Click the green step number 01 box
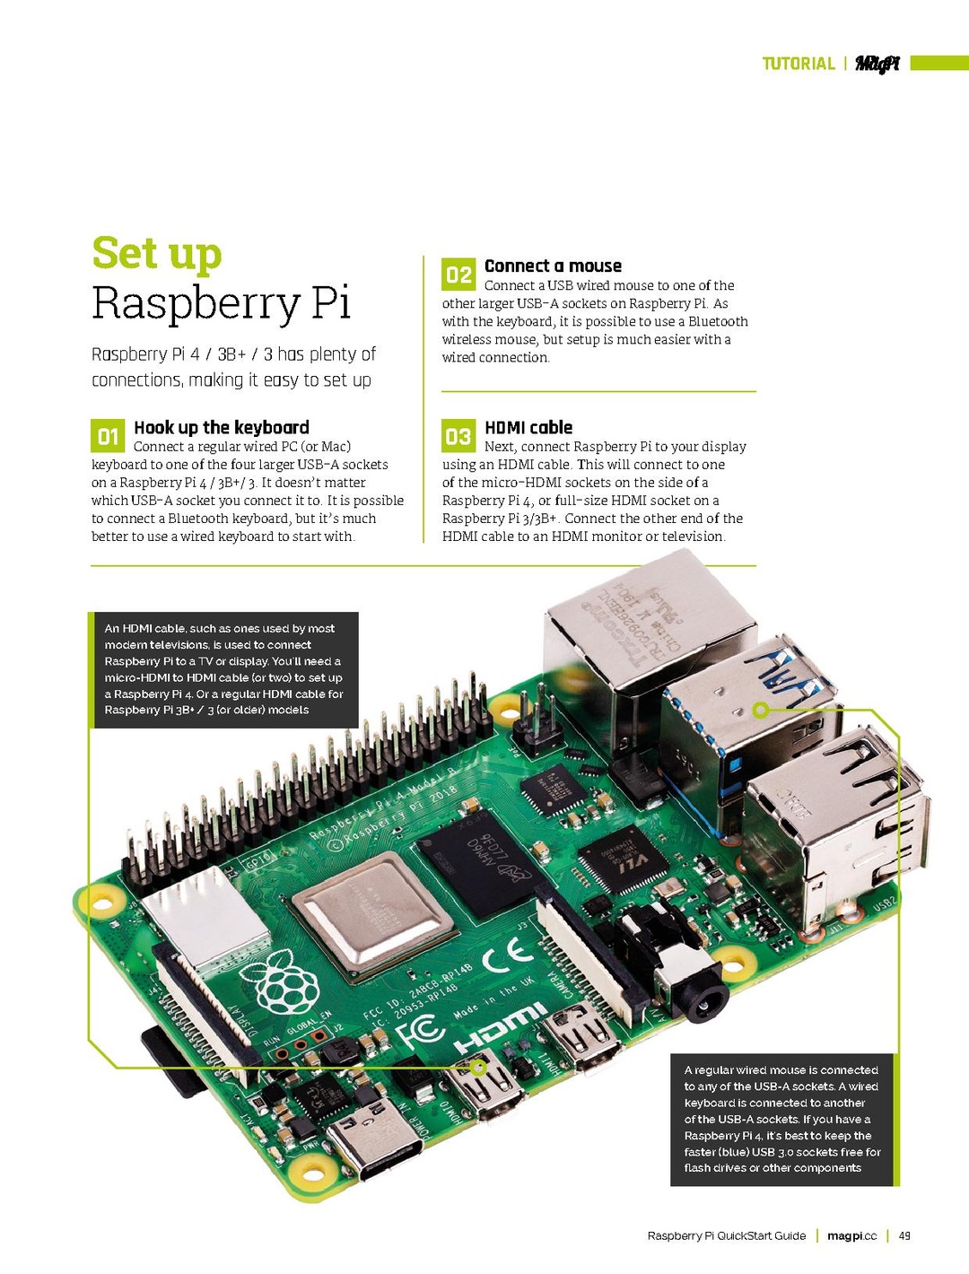pyautogui.click(x=108, y=436)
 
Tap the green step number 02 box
pyautogui.click(x=458, y=275)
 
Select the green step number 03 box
pyautogui.click(x=458, y=436)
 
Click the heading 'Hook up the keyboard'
pyautogui.click(x=221, y=427)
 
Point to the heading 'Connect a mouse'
pyautogui.click(x=553, y=266)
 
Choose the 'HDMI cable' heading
pyautogui.click(x=528, y=427)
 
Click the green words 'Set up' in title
pyautogui.click(x=157, y=253)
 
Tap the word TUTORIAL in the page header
pyautogui.click(x=798, y=64)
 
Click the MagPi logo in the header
pyautogui.click(x=877, y=64)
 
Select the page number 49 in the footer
pyautogui.click(x=904, y=1235)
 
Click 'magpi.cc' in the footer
pyautogui.click(x=851, y=1235)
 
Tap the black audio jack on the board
pyautogui.click(x=700, y=991)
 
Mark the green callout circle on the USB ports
pyautogui.click(x=761, y=711)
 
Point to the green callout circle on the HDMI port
pyautogui.click(x=478, y=1068)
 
